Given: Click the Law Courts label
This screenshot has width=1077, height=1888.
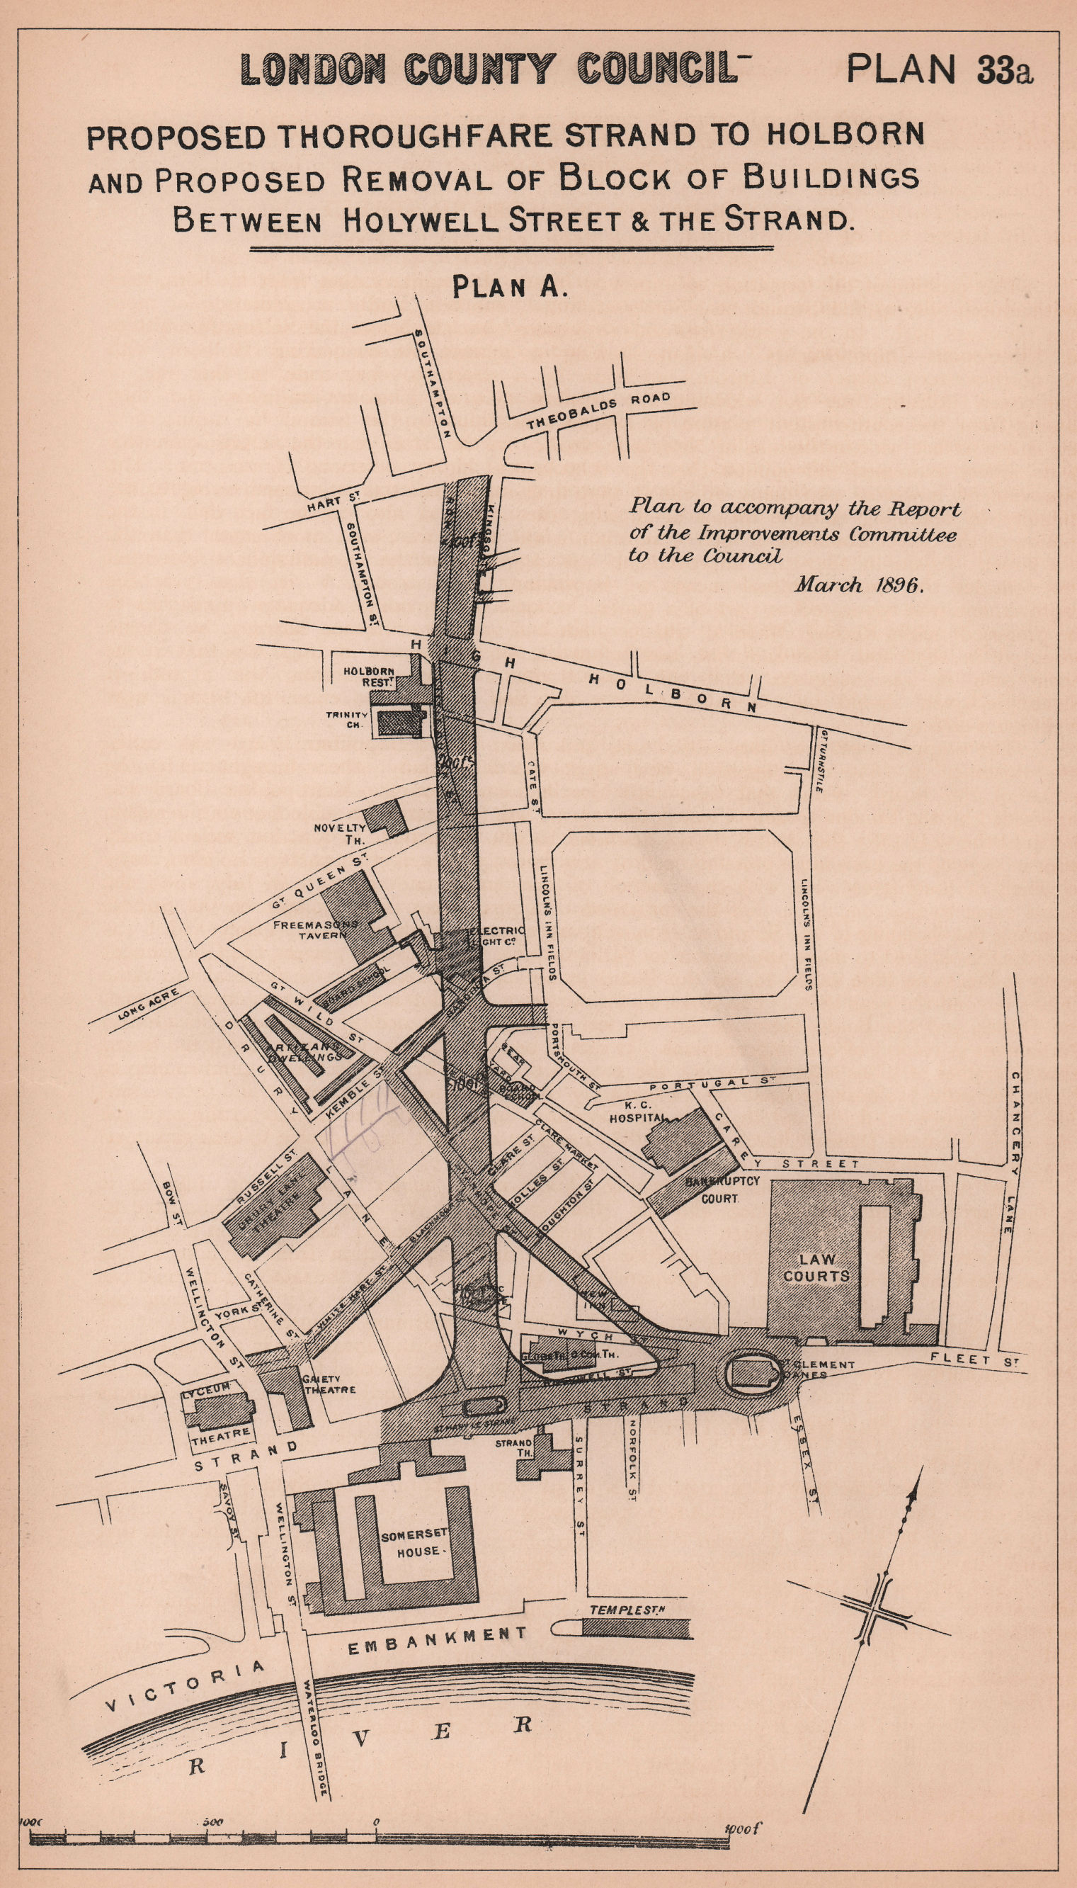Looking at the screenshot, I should point(816,1267).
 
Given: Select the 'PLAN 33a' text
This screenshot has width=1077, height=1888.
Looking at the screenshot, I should point(940,69).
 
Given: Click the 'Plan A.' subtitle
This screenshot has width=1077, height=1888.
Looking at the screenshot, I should point(510,287).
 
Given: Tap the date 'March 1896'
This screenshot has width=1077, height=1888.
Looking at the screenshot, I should point(860,585).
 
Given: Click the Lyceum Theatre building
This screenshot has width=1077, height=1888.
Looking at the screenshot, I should point(216,1410).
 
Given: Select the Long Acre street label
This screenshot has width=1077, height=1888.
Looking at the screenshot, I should point(148,1005).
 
